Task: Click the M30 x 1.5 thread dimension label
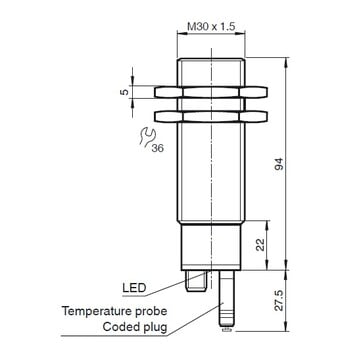pos(211,27)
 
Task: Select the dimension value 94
pos(279,163)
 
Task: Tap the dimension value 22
pos(261,245)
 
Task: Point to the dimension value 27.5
pos(279,301)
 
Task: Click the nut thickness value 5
pos(124,92)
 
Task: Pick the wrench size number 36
pos(158,148)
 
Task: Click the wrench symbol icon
pos(147,137)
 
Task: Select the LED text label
pos(134,287)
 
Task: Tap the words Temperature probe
pos(115,311)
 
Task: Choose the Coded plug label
pos(135,327)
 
